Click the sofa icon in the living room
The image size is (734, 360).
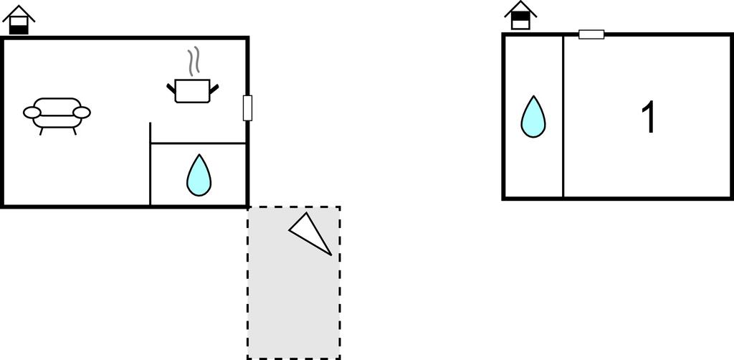[x=57, y=113]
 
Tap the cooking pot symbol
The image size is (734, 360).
[x=192, y=91]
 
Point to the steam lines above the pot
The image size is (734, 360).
[x=192, y=62]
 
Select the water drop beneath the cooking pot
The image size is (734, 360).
[x=199, y=176]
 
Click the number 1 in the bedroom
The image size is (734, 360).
[x=648, y=118]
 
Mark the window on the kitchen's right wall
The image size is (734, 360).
[x=248, y=108]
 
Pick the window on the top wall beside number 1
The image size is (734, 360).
[x=591, y=34]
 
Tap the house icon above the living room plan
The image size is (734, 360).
[x=19, y=19]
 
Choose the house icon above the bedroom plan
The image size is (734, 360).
[x=521, y=15]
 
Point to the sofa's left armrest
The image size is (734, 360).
[x=33, y=112]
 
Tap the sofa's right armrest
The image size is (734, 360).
[x=82, y=112]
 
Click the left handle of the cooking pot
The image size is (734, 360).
[x=171, y=88]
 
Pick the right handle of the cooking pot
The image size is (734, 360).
[x=214, y=88]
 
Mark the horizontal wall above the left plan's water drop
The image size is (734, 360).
[x=199, y=143]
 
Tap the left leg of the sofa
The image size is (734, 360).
[x=41, y=131]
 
